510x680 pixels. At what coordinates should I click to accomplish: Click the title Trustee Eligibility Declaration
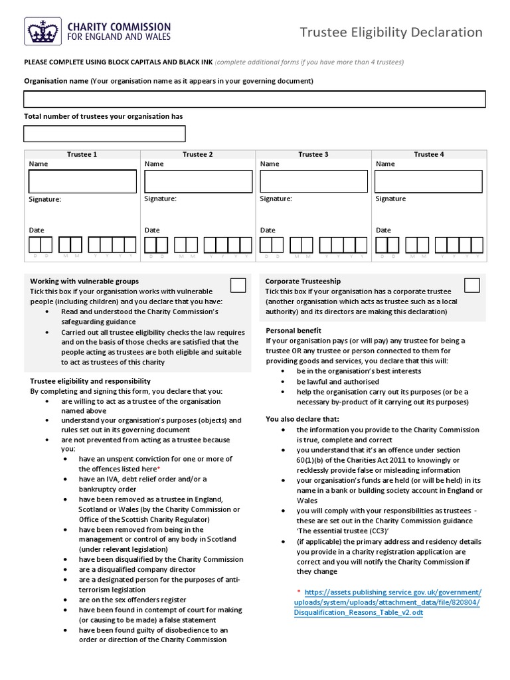click(x=391, y=32)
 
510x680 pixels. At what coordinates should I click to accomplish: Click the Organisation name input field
click(x=254, y=100)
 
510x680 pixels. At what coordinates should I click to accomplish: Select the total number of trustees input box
click(x=104, y=133)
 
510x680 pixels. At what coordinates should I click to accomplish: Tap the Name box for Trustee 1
click(x=82, y=181)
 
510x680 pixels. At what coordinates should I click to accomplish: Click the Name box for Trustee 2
click(x=198, y=181)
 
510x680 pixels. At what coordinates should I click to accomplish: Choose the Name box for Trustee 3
click(x=313, y=181)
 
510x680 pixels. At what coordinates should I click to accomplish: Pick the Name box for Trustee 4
click(x=428, y=181)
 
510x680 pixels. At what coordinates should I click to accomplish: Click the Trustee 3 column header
click(x=313, y=154)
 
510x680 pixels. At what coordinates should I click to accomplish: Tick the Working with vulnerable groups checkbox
click(x=238, y=286)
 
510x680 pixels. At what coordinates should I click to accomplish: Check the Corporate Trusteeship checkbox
click(x=471, y=286)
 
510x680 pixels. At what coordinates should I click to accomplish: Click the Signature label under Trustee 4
click(x=390, y=199)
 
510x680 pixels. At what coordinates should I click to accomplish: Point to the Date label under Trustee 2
click(x=152, y=230)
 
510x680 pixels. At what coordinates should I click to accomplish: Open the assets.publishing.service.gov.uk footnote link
click(x=388, y=602)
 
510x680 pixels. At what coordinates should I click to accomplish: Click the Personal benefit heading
click(x=294, y=330)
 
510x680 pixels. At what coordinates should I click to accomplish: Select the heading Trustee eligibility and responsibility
click(x=90, y=381)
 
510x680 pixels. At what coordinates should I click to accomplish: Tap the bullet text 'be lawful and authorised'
click(x=338, y=382)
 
